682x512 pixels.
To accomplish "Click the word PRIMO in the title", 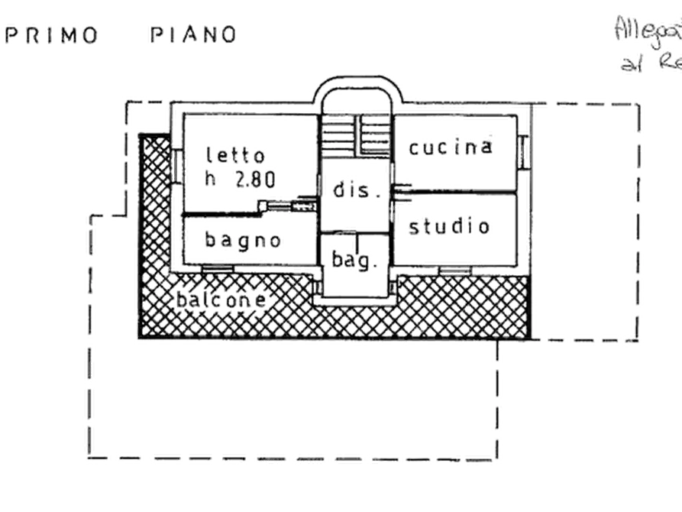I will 52,35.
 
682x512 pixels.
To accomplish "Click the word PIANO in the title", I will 192,35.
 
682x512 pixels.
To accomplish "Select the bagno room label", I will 243,239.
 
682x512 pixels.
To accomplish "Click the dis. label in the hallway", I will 353,191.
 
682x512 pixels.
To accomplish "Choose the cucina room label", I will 451,147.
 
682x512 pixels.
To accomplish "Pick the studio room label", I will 449,227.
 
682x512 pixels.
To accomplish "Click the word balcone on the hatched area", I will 222,300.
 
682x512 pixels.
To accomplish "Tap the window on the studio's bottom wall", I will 455,270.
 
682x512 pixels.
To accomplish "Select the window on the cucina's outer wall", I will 525,149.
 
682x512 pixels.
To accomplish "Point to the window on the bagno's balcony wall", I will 217,269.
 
